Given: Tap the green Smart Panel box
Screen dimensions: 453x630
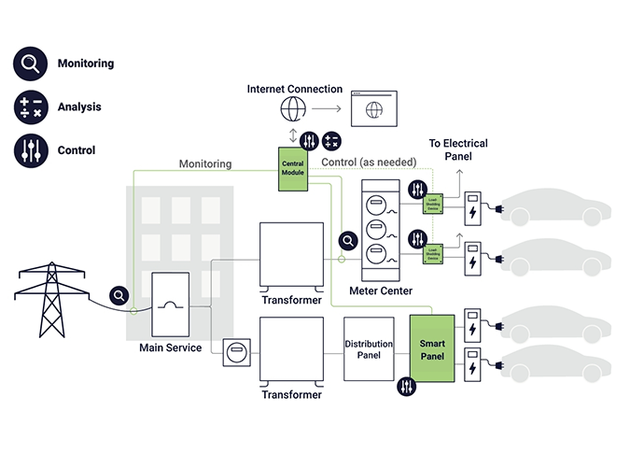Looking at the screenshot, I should (430, 348).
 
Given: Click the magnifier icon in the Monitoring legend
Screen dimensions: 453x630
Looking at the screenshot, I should (29, 64).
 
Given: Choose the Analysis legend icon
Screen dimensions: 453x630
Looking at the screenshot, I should (29, 106).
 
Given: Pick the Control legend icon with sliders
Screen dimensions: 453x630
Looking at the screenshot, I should (29, 149).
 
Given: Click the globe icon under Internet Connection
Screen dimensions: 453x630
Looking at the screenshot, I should (292, 109).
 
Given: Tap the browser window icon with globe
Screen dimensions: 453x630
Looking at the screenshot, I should (372, 109).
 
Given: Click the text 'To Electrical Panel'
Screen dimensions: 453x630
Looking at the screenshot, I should (457, 150).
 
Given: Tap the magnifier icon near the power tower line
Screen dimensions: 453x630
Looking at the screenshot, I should (119, 296).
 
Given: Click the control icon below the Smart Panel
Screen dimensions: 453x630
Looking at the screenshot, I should (407, 386).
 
